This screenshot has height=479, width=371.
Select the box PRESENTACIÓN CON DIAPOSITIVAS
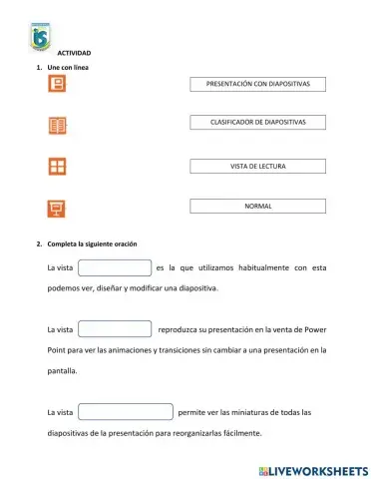tap(258, 85)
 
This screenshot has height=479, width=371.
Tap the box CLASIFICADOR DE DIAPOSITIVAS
tap(258, 122)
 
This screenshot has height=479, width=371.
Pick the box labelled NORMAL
tap(258, 206)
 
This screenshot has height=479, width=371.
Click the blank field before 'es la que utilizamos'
tap(114, 268)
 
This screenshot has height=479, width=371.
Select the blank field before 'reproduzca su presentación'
tap(114, 328)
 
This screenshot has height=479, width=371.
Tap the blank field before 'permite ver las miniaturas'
tap(125, 412)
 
